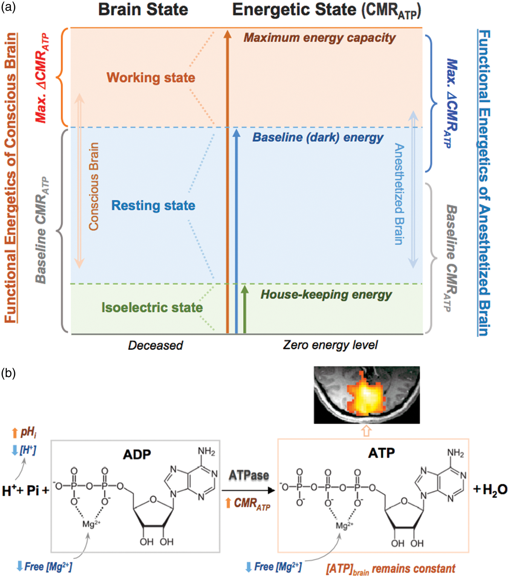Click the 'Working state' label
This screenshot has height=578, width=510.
click(x=151, y=78)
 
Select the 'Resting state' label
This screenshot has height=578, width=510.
click(x=153, y=206)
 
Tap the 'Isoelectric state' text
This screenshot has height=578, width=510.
click(x=152, y=308)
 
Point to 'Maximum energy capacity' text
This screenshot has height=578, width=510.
click(x=320, y=38)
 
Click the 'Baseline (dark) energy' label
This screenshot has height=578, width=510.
click(x=318, y=137)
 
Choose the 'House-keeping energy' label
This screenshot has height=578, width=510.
click(x=326, y=295)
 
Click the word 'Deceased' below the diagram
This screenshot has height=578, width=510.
click(x=156, y=345)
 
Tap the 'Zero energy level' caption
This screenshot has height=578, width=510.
click(x=330, y=345)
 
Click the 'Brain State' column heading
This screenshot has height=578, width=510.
click(x=143, y=10)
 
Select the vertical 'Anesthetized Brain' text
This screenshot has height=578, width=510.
click(x=399, y=194)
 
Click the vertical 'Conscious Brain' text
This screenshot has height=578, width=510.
click(x=94, y=186)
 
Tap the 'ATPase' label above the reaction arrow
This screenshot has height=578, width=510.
click(x=249, y=475)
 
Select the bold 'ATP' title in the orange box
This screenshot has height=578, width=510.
click(x=382, y=453)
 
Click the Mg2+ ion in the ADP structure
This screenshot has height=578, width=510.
click(x=91, y=524)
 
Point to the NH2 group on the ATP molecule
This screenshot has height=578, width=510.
click(x=455, y=453)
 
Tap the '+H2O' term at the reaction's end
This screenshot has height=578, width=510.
click(x=490, y=490)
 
